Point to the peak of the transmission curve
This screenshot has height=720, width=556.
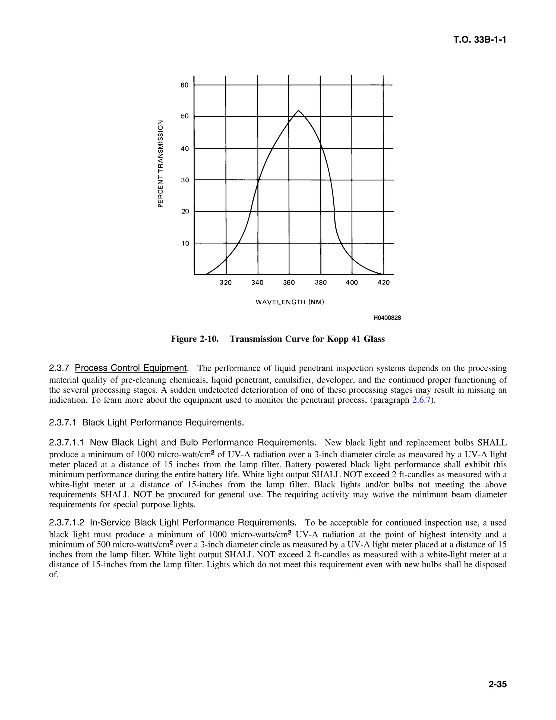tap(298, 110)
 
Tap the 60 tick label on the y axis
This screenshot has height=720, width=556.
tap(184, 85)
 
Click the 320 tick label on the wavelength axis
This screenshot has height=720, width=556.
tap(226, 283)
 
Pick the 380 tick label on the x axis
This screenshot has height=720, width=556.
tap(321, 283)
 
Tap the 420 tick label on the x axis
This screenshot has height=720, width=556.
tap(383, 283)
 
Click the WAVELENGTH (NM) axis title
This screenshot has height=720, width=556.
tap(290, 302)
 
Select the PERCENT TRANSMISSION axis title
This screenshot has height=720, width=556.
tap(160, 164)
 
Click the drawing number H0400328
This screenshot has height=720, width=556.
tap(387, 318)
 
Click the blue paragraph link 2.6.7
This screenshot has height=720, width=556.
tap(421, 400)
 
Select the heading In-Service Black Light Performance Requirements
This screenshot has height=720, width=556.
tap(192, 522)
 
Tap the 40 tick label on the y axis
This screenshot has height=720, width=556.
tap(185, 149)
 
